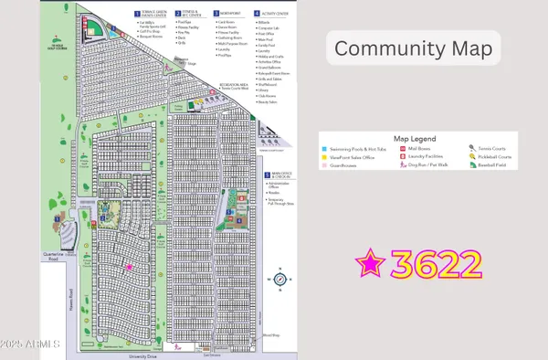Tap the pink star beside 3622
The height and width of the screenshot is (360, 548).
pyautogui.click(x=371, y=265)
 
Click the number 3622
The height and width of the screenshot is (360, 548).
pyautogui.click(x=435, y=265)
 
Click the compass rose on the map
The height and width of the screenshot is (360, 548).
pyautogui.click(x=281, y=280)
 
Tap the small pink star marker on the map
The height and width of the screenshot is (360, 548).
pyautogui.click(x=129, y=266)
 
